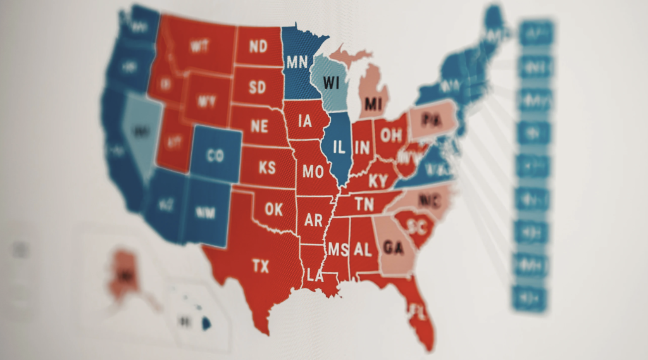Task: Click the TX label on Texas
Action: tap(260, 266)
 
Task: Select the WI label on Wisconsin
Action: tap(331, 82)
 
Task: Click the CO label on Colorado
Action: tap(215, 156)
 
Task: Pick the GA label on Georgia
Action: tap(394, 247)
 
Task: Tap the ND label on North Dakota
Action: tap(258, 46)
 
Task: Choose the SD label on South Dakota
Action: tap(258, 87)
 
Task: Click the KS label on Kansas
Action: tap(267, 168)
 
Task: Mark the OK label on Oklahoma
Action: tap(274, 208)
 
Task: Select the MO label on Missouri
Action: tap(313, 171)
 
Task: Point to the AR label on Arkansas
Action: tap(313, 220)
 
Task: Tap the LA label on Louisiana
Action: tap(315, 275)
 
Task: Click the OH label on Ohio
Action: tap(390, 135)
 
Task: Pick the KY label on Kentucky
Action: tap(377, 182)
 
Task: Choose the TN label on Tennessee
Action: tap(364, 204)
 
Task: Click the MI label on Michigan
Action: tap(373, 103)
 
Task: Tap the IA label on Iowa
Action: tap(305, 120)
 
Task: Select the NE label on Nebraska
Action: tap(259, 126)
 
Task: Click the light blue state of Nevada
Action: tap(139, 133)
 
